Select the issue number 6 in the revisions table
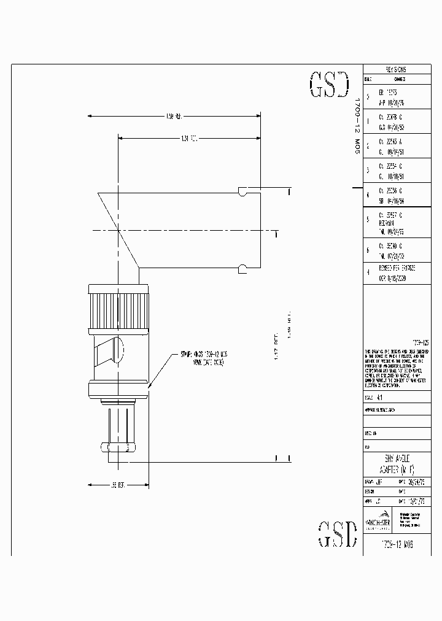368,250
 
